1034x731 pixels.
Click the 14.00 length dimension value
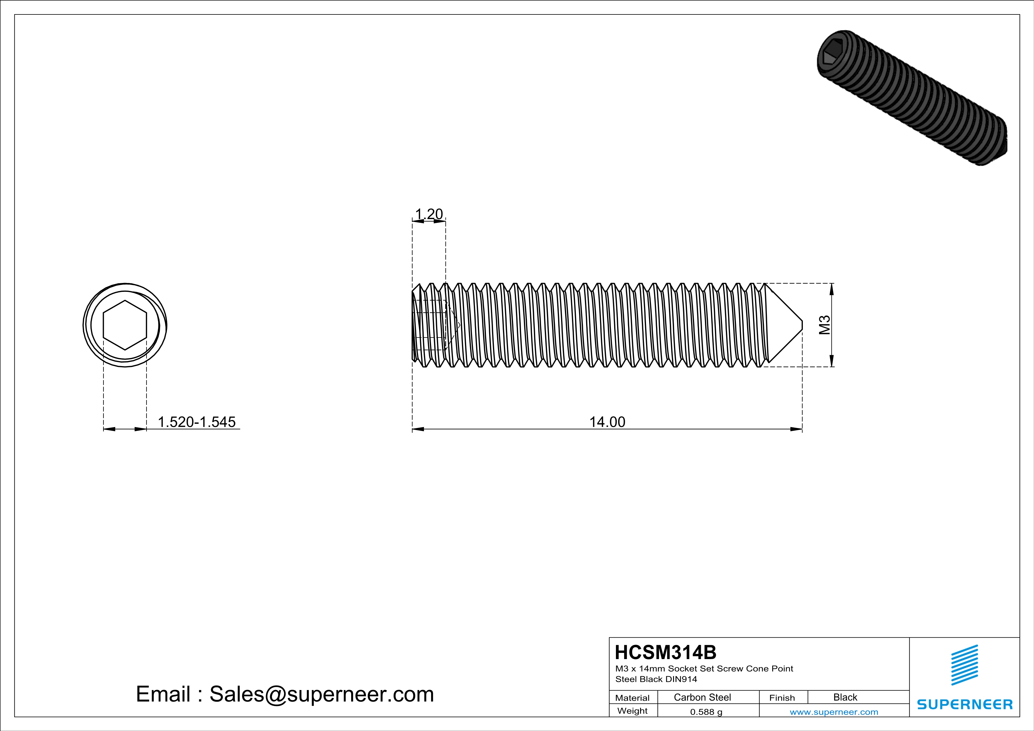pos(607,422)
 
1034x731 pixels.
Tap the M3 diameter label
pos(824,325)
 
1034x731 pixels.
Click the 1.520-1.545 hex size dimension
pos(196,422)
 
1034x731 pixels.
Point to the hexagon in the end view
pos(125,325)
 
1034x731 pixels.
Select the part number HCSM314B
pos(665,652)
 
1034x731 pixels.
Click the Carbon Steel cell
pos(702,697)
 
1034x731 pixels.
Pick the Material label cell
pos(632,698)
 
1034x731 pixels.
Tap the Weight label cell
pos(632,711)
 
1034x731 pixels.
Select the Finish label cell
pos(782,698)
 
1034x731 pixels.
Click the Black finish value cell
pos(845,697)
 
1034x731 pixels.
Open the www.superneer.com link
pos(834,712)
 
